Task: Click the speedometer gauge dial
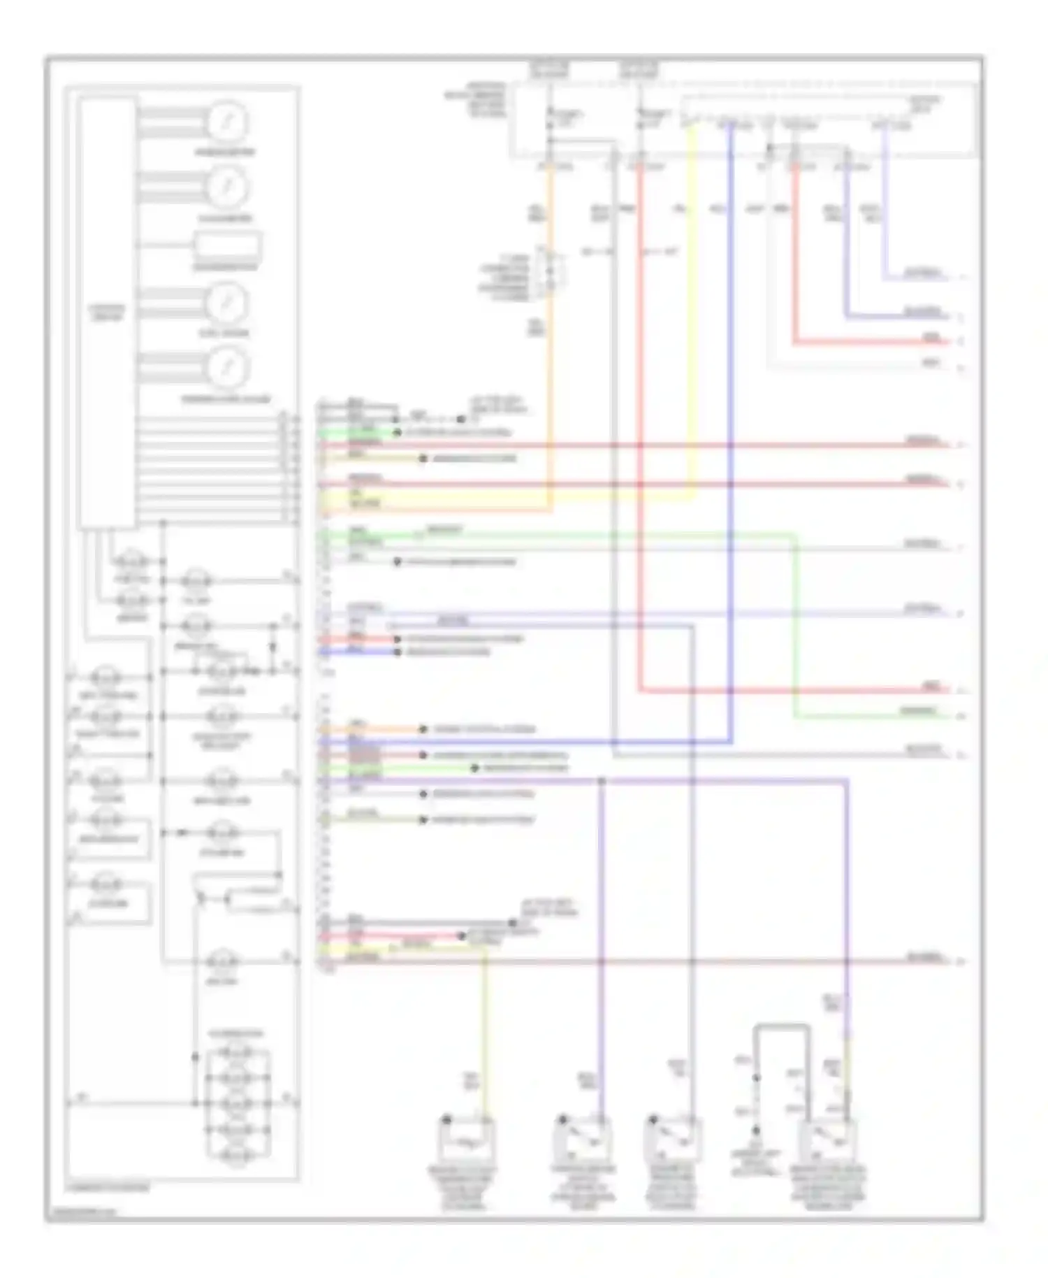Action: pos(226,122)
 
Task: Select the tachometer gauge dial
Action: pos(226,187)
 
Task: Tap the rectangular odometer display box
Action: pos(228,247)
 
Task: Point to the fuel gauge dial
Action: pos(226,302)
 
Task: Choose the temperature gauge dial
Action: pos(226,368)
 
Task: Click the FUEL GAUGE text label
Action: pos(224,333)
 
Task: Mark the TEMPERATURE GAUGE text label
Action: pos(226,400)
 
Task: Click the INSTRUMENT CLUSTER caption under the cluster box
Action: pos(108,1187)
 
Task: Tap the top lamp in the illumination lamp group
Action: pos(237,1053)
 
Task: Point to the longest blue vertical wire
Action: pos(731,433)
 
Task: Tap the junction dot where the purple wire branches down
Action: pos(602,780)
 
